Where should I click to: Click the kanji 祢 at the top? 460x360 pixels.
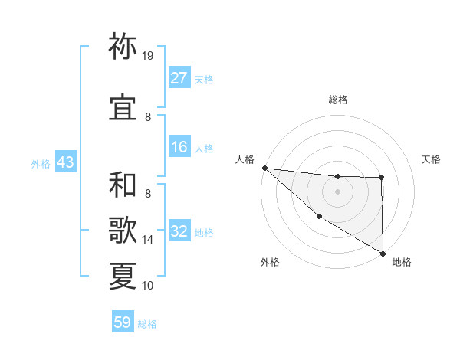[123, 47]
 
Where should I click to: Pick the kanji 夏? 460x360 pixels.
[123, 275]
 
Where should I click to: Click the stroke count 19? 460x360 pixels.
[148, 56]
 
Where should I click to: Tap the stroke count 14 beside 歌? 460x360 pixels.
[148, 240]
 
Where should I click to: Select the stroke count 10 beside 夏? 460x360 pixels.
[148, 286]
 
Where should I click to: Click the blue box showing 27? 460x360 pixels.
[179, 78]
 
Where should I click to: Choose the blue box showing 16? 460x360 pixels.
[179, 148]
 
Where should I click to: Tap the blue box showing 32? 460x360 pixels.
[179, 231]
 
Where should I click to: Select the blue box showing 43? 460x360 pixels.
[65, 163]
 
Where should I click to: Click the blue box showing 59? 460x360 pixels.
[123, 323]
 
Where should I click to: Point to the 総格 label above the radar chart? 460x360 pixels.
[338, 100]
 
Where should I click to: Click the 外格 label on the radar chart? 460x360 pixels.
[270, 262]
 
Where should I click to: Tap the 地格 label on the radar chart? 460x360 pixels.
[402, 262]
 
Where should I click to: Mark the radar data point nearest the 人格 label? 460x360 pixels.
[264, 167]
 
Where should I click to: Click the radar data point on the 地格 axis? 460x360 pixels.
[382, 253]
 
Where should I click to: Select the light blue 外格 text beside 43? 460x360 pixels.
[41, 163]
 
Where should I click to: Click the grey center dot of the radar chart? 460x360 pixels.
[337, 191]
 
